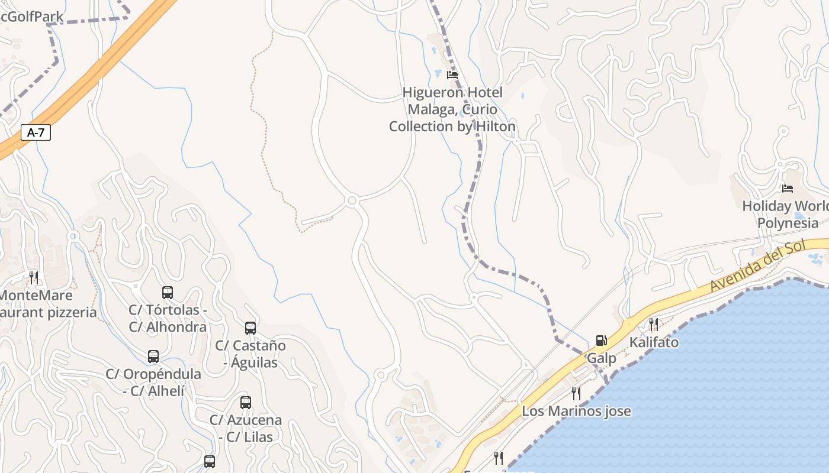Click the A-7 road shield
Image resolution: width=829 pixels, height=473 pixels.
tap(36, 132)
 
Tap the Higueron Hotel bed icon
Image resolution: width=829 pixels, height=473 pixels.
tap(452, 75)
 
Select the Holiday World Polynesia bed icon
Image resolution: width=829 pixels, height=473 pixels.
tap(787, 189)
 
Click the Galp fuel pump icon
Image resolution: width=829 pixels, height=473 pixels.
tap(601, 341)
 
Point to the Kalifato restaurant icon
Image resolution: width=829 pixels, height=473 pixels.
tap(653, 324)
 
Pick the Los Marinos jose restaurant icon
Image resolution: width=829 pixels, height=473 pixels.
tap(576, 393)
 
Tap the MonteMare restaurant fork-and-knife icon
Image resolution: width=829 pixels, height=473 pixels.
tap(34, 277)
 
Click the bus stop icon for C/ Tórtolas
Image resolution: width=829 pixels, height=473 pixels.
tap(168, 292)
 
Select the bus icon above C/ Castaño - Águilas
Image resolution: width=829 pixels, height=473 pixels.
tap(250, 328)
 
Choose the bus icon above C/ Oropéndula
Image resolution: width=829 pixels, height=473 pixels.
tap(153, 356)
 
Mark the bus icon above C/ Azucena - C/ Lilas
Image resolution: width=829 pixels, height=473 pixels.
tap(246, 403)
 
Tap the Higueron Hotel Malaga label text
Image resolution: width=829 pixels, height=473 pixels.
tap(452, 109)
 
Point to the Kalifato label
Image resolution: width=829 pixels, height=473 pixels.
tap(654, 342)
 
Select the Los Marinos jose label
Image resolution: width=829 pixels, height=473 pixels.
tap(576, 411)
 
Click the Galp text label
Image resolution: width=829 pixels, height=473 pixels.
tap(601, 358)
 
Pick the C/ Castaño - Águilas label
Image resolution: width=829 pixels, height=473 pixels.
tap(250, 354)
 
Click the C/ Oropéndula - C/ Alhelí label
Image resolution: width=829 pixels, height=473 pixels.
tap(153, 382)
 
